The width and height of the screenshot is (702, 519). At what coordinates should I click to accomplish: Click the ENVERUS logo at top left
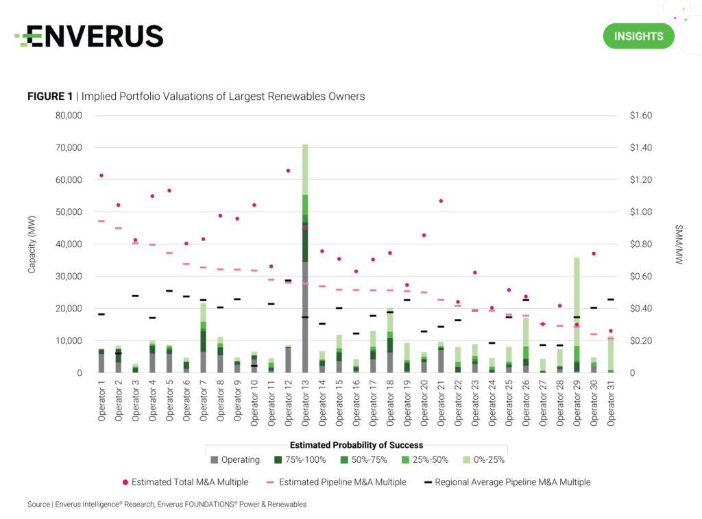point(89,36)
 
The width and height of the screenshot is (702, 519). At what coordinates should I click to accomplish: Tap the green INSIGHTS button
point(638,36)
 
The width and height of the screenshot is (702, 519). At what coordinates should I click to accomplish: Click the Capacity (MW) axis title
point(32,244)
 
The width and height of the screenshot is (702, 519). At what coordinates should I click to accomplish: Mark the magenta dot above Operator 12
point(288,170)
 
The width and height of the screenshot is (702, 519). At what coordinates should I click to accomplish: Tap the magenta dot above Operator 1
point(101,175)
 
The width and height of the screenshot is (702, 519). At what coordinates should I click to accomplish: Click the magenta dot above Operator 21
point(441,201)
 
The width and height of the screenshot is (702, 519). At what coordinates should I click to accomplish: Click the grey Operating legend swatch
point(215,460)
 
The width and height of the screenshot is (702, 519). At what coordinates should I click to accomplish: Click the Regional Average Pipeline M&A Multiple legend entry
point(507,482)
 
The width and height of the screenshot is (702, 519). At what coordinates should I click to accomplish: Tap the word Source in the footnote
point(38,505)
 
